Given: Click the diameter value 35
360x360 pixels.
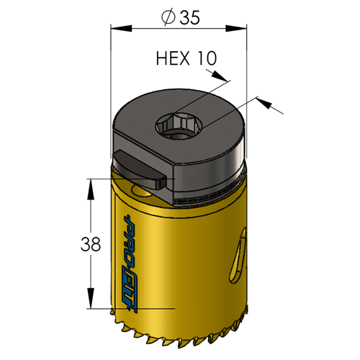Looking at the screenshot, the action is click(189, 17).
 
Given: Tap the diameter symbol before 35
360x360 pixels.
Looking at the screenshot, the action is click(168, 18).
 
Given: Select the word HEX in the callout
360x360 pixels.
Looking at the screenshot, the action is click(173, 58).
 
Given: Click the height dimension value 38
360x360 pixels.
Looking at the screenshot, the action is click(91, 244).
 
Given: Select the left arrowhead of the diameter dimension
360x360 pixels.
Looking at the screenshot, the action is click(121, 29).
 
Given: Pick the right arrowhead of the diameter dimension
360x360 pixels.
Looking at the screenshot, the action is click(236, 29).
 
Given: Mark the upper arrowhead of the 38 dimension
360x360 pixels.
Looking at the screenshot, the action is click(91, 189).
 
